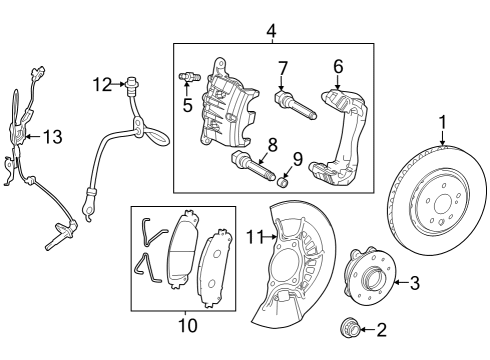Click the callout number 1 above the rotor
(442, 123)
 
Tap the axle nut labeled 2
(349, 327)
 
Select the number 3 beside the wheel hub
(414, 283)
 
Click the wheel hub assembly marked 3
(370, 277)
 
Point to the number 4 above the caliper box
(272, 31)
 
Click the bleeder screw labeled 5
(189, 77)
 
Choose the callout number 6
(338, 67)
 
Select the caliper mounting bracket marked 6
(340, 137)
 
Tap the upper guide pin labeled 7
(295, 105)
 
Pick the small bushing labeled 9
(283, 182)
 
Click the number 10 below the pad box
(188, 325)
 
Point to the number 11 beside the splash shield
(255, 237)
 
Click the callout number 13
(53, 137)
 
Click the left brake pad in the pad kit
(183, 250)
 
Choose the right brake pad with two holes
(214, 268)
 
